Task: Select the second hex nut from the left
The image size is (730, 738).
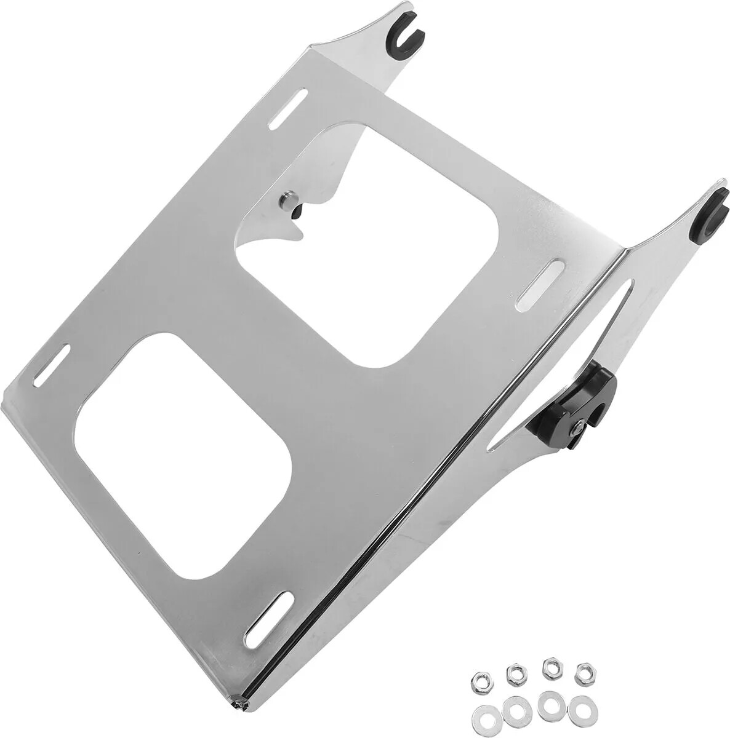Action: pos(513,671)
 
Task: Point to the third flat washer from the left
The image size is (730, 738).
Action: pos(547,704)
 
